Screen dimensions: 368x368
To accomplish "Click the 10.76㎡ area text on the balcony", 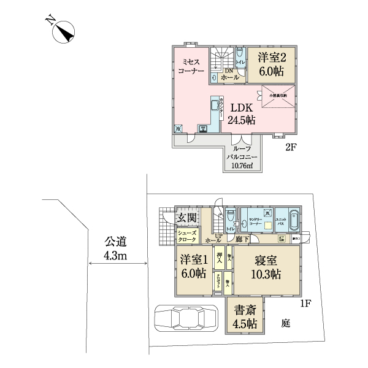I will (x=240, y=172).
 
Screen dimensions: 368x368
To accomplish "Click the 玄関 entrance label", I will (x=186, y=218).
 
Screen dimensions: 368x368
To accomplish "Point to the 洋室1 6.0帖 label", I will (x=194, y=267).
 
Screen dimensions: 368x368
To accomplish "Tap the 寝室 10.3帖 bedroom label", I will (x=267, y=267).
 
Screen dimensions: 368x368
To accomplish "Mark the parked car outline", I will (x=188, y=319).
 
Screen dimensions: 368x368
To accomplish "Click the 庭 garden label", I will (x=286, y=323).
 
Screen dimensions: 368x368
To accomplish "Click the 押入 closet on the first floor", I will (x=220, y=254).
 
